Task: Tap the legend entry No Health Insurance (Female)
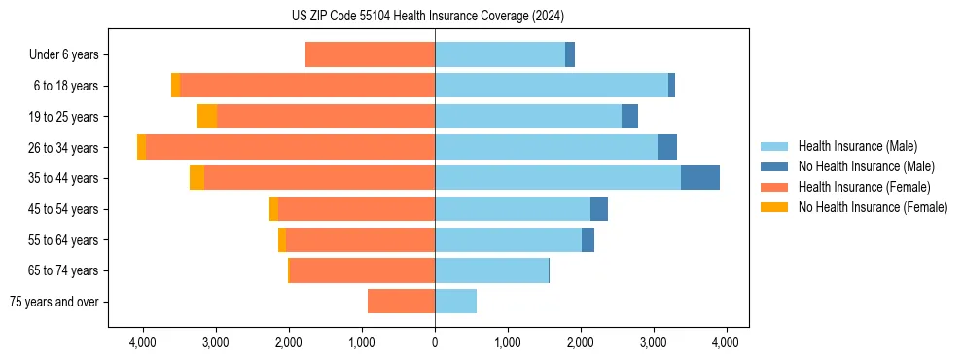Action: pos(873,207)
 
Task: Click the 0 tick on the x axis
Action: pos(435,342)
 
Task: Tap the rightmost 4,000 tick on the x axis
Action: pos(727,342)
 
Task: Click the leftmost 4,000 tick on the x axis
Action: pos(143,342)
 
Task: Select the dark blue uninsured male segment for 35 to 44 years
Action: pos(700,178)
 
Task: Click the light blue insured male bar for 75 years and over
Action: pos(455,302)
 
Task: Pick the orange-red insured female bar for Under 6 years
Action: pos(370,54)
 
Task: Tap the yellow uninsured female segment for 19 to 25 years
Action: pos(207,117)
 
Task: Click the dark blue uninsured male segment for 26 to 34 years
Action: pos(667,148)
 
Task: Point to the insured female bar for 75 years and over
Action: pos(401,302)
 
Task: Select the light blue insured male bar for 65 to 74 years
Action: pos(491,270)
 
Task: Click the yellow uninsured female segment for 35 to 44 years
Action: pos(196,178)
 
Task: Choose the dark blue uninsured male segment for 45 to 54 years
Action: pos(599,209)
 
